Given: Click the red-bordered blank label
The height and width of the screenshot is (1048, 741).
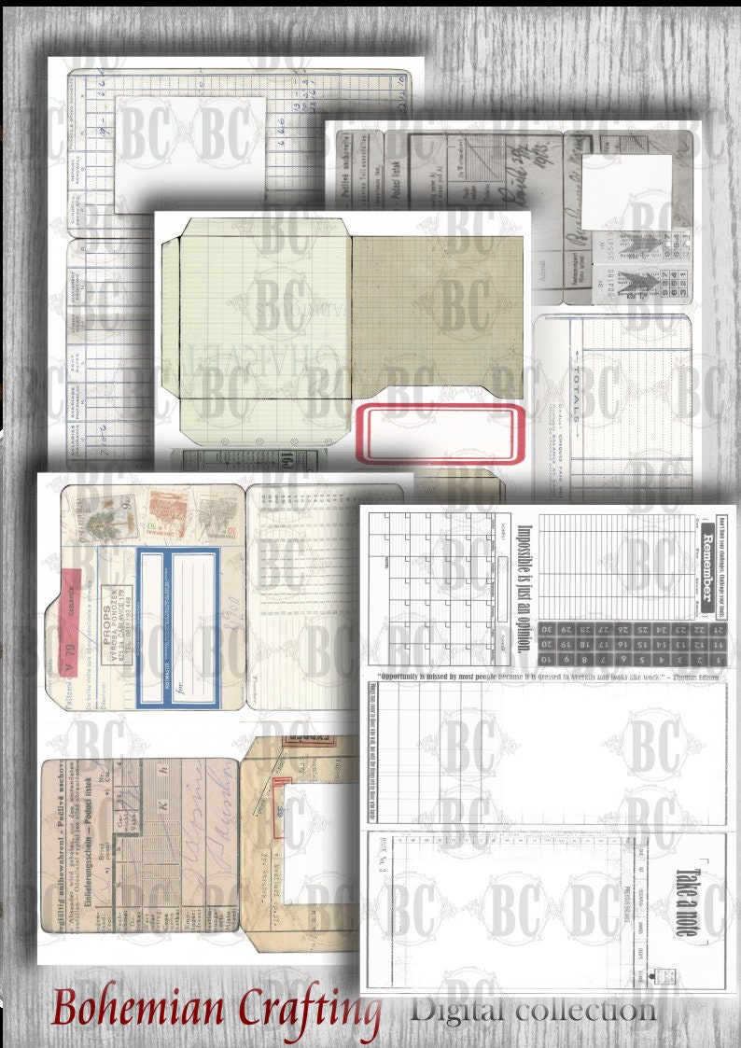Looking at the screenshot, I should [x=438, y=434].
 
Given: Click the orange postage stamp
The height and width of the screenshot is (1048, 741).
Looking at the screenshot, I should [x=167, y=513].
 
